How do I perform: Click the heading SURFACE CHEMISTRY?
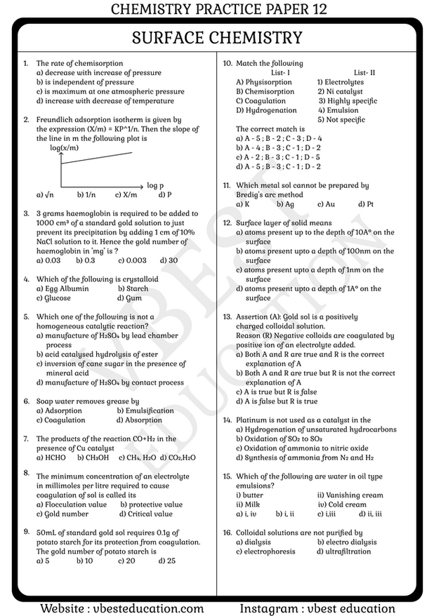click(x=216, y=38)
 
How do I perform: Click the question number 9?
click(x=26, y=531)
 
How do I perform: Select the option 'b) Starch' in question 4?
click(x=133, y=288)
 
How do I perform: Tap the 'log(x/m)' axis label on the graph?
click(x=64, y=147)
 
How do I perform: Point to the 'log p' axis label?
click(x=155, y=185)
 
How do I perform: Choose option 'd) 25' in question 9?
click(x=167, y=561)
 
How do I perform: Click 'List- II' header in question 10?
click(x=364, y=73)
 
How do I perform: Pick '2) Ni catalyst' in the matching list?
click(x=340, y=92)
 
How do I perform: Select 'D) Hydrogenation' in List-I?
click(x=266, y=110)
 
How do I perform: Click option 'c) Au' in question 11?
click(x=326, y=204)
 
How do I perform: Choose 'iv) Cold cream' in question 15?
click(x=342, y=504)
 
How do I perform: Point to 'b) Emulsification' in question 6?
click(x=145, y=410)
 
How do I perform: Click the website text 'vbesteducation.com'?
click(x=148, y=608)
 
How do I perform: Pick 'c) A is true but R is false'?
click(x=276, y=392)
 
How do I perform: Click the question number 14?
click(x=228, y=420)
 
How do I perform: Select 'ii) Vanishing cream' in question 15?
click(x=350, y=495)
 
